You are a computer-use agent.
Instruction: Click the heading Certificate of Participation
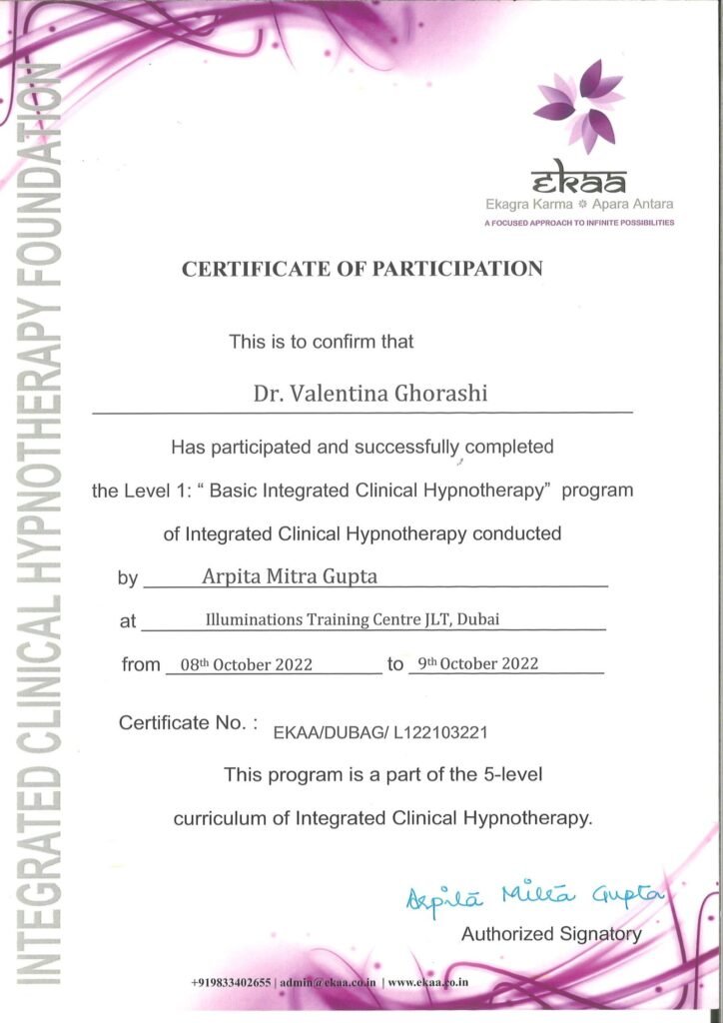click(361, 269)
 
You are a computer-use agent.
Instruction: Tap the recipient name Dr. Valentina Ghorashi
click(369, 393)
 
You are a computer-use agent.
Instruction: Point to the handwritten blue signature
click(534, 897)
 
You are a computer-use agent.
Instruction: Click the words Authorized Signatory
click(551, 934)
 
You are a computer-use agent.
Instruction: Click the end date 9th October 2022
click(478, 663)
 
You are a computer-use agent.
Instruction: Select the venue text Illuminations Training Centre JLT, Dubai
click(353, 619)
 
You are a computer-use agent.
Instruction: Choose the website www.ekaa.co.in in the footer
click(428, 983)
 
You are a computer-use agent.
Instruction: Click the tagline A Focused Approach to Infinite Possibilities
click(578, 223)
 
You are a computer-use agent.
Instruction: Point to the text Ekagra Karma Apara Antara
click(578, 205)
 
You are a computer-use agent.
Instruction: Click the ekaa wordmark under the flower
click(579, 181)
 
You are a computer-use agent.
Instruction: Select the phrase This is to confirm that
click(322, 342)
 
